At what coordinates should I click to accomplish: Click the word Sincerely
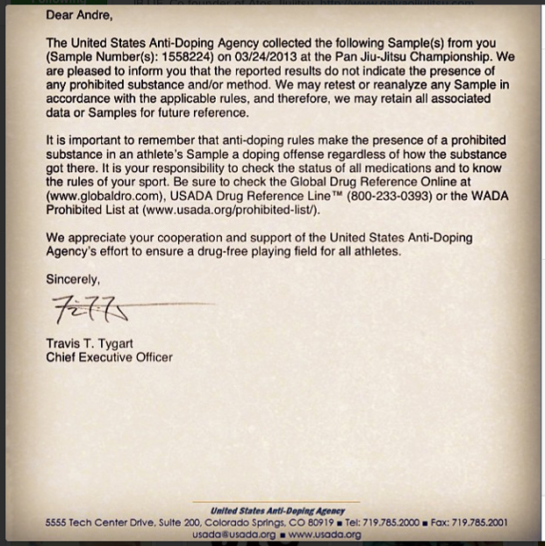74,280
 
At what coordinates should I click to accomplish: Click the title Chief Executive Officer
109,357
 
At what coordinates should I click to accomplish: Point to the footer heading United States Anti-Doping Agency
277,511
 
